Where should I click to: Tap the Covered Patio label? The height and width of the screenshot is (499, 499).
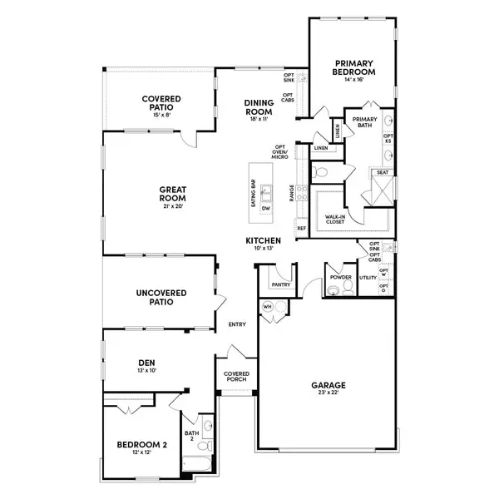161,104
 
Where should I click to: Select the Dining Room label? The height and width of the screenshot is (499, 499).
259,106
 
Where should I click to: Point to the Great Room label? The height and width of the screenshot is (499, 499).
172,194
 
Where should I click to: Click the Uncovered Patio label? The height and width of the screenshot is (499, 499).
162,297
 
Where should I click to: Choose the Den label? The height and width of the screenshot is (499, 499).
146,362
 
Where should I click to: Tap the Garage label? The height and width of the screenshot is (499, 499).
329,385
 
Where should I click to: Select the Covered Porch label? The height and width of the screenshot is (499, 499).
237,378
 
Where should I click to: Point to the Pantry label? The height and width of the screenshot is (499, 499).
279,284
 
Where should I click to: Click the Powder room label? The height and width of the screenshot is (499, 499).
341,277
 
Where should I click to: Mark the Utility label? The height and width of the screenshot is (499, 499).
368,277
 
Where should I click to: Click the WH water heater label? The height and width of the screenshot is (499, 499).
267,306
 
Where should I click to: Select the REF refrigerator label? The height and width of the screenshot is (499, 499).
301,227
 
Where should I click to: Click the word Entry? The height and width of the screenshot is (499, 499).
237,325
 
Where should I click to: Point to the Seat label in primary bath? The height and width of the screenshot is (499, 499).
383,172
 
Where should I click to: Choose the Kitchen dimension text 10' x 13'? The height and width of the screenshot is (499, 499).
263,249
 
